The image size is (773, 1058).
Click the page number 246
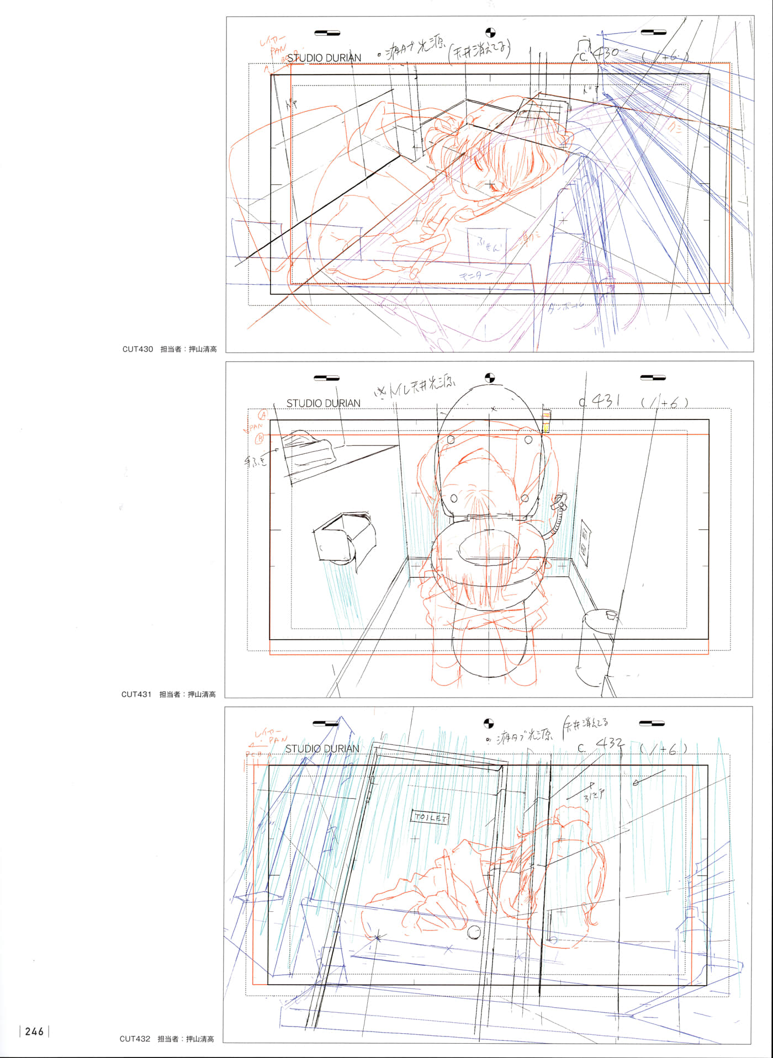click(x=34, y=1032)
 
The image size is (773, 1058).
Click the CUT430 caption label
click(x=137, y=349)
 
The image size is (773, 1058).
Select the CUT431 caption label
click(x=136, y=694)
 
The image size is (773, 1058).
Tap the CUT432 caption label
click(x=135, y=1039)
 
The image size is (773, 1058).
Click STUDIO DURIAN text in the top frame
click(x=324, y=58)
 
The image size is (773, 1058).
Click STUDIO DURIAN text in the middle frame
click(x=323, y=403)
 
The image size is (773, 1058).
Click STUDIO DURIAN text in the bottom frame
click(x=322, y=749)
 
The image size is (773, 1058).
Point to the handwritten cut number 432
click(x=609, y=746)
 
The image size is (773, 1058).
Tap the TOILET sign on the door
click(x=431, y=818)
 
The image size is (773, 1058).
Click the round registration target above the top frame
click(x=490, y=33)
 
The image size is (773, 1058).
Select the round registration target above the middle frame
click(x=489, y=378)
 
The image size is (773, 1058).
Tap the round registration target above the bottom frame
click(x=489, y=723)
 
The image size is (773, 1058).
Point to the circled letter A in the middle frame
click(x=263, y=414)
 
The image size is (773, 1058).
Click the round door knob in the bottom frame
click(x=474, y=932)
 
